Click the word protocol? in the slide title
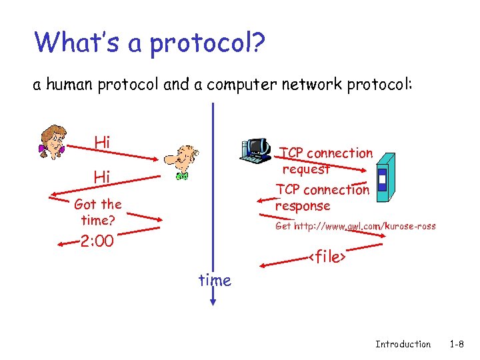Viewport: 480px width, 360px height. [x=208, y=43]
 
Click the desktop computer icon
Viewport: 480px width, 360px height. [x=255, y=150]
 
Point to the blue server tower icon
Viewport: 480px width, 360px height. [x=385, y=177]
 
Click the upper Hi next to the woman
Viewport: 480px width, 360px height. [x=102, y=142]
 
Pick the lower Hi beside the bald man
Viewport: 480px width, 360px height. [x=102, y=177]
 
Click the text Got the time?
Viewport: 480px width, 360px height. [x=98, y=212]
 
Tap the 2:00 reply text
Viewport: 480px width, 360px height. [x=97, y=241]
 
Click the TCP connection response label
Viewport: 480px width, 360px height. [x=322, y=197]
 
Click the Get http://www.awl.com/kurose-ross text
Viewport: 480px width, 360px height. [x=355, y=226]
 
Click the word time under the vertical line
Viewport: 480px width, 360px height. [x=215, y=281]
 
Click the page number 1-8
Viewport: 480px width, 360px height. [x=457, y=344]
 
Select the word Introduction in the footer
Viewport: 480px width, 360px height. [x=403, y=344]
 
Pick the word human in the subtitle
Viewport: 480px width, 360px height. [x=66, y=85]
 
